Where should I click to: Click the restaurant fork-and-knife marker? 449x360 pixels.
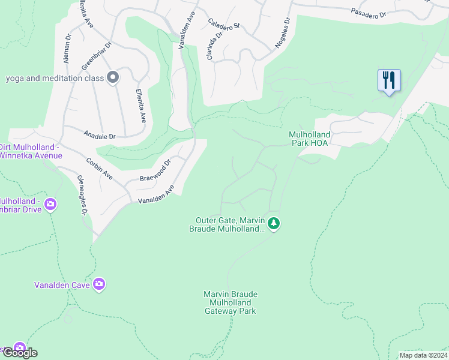(389, 80)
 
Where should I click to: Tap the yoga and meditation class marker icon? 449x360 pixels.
(113, 77)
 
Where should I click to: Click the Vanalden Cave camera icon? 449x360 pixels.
(100, 284)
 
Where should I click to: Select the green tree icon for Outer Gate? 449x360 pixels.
(274, 224)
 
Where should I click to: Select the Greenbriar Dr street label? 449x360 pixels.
(97, 55)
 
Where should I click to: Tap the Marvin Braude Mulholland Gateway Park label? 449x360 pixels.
(231, 302)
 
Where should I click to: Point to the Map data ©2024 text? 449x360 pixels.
(424, 355)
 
